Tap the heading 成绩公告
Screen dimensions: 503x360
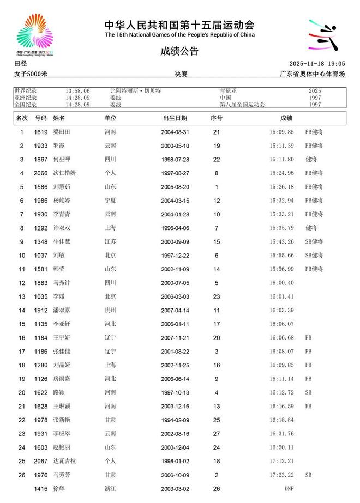click(179, 52)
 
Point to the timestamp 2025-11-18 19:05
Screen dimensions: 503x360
click(317, 64)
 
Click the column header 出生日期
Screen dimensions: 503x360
click(175, 118)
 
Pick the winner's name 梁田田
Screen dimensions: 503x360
click(62, 132)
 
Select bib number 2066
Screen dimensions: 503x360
click(41, 173)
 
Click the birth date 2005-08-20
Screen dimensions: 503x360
click(175, 187)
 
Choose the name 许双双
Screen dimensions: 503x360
click(62, 228)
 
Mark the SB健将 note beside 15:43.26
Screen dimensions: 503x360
click(314, 241)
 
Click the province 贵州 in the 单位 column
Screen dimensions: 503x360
click(110, 310)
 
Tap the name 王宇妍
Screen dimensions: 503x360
click(62, 338)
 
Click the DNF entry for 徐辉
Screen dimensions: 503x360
click(289, 489)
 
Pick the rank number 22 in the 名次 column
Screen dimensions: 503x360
click(22, 420)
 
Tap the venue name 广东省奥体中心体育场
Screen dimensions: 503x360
click(313, 74)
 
